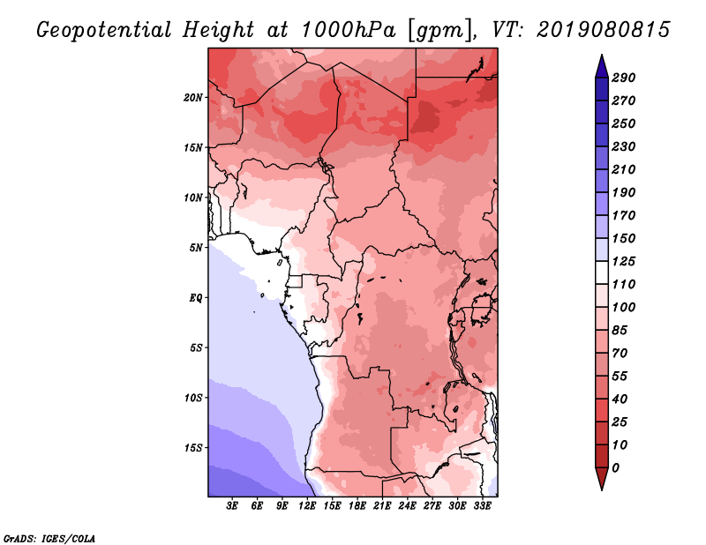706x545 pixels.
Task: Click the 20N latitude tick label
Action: click(x=192, y=98)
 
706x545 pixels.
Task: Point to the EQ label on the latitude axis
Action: click(x=196, y=298)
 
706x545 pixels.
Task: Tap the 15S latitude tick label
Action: click(x=192, y=448)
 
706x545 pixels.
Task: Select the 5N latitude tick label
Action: click(x=196, y=248)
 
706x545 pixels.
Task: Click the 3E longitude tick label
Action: click(x=232, y=506)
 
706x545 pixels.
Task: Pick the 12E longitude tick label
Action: click(x=307, y=506)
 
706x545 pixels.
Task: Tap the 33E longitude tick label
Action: click(x=482, y=506)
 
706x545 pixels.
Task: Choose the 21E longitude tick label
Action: click(x=382, y=506)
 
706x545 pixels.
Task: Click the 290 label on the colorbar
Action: click(x=624, y=78)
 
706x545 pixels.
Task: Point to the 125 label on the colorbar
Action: click(x=624, y=261)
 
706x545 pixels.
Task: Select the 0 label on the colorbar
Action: click(x=616, y=468)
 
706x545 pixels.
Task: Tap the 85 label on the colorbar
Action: click(x=620, y=331)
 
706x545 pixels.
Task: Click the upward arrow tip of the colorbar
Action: click(x=602, y=55)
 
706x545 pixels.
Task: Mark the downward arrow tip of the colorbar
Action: click(x=602, y=489)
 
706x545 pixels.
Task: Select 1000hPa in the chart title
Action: click(x=348, y=30)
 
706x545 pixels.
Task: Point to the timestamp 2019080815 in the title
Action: click(x=604, y=30)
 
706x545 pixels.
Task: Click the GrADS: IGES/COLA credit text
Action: click(x=49, y=539)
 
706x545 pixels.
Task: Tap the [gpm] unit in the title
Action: click(x=440, y=31)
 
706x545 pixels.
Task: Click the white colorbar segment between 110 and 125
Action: click(x=602, y=272)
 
